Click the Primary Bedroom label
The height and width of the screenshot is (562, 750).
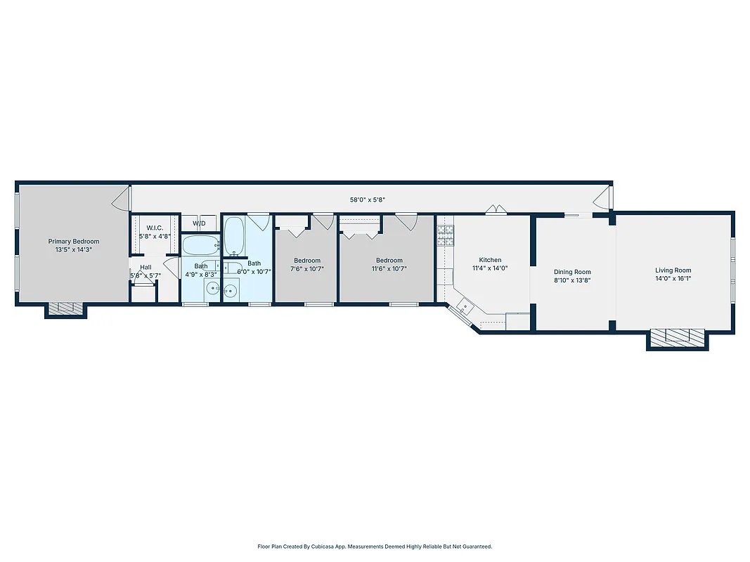click(x=74, y=242)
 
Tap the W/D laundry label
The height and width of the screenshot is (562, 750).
click(x=200, y=224)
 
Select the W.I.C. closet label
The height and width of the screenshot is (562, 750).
click(x=155, y=228)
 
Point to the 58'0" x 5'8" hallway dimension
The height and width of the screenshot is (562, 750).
click(x=368, y=200)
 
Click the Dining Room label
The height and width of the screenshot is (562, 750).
click(x=572, y=272)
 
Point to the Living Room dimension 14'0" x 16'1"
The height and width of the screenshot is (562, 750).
click(x=673, y=279)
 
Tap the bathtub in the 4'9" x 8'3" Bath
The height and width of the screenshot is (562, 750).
click(x=200, y=246)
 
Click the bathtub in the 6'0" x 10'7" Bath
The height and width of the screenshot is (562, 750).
click(x=234, y=235)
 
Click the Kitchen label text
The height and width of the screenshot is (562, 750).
click(x=490, y=260)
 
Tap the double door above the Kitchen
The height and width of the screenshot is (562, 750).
click(x=496, y=209)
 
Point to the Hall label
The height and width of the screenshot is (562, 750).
click(x=146, y=267)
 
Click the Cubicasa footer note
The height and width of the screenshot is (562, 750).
click(x=375, y=546)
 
